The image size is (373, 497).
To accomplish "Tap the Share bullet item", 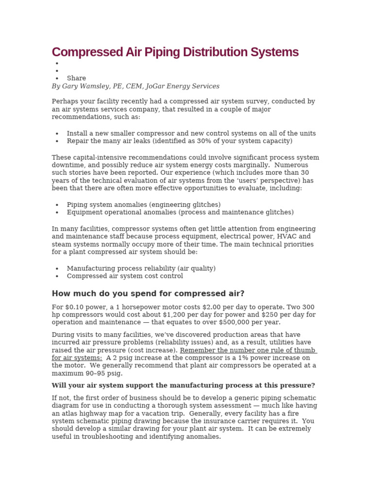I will coord(76,78).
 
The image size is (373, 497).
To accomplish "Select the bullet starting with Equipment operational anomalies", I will coord(180,213).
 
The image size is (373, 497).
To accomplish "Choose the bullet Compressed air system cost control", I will coord(125,276).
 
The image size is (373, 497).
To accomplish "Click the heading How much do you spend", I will coord(148,294).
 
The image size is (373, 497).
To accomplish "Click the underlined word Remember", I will coord(197,350).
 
